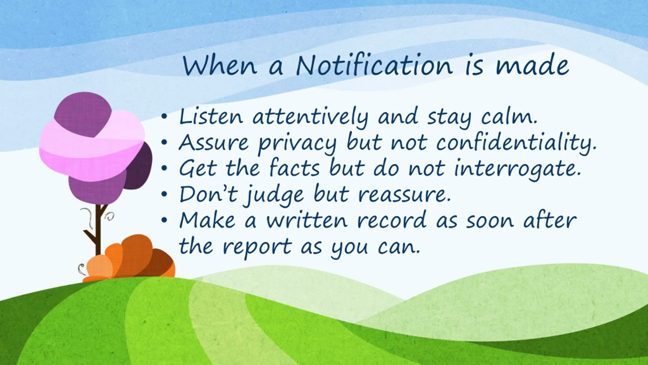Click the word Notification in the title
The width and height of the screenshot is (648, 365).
(374, 65)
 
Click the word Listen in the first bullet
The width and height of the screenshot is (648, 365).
(211, 117)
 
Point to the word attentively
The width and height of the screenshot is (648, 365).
(310, 118)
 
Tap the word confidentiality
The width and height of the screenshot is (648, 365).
(516, 143)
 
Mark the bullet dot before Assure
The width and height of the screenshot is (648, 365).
(164, 143)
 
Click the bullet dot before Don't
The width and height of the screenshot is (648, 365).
(164, 194)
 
